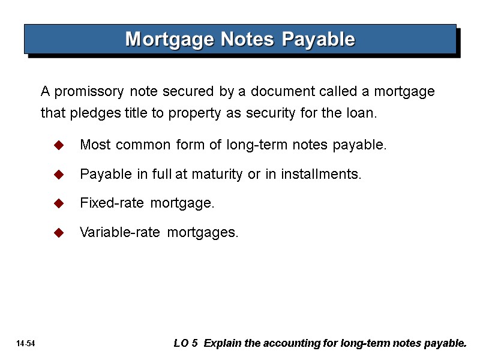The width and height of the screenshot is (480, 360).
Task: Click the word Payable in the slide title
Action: (319, 40)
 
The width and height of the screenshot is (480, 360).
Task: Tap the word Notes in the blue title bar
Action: (244, 40)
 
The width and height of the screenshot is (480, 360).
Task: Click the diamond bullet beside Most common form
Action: (59, 146)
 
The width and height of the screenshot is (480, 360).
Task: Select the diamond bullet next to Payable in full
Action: (59, 175)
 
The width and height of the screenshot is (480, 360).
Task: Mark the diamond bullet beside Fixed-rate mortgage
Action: (59, 204)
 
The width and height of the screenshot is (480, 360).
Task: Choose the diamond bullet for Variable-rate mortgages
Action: (59, 233)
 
